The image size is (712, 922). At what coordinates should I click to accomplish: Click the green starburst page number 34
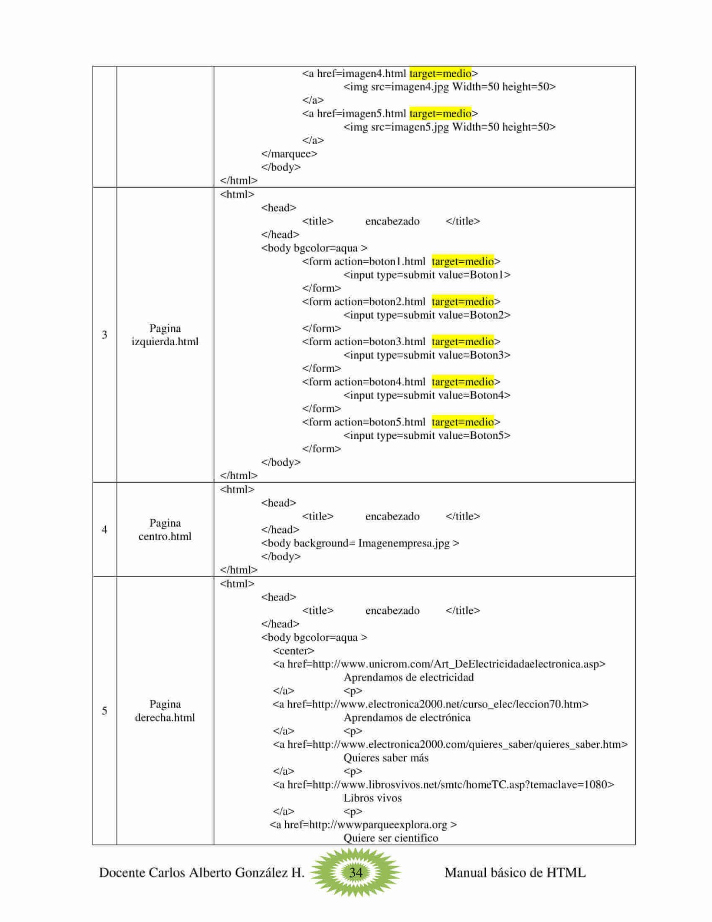click(355, 872)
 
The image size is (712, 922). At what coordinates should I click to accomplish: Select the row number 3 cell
click(104, 335)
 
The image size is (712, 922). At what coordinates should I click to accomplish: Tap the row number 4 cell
click(104, 530)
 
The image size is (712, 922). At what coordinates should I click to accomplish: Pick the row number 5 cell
click(104, 711)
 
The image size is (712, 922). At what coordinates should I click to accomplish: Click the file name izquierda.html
click(165, 341)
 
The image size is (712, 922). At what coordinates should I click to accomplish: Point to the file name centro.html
click(165, 536)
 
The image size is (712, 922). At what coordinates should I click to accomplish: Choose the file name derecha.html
click(165, 717)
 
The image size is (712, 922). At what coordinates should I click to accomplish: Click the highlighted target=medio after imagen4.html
click(440, 73)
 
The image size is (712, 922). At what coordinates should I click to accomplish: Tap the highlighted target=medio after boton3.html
click(462, 341)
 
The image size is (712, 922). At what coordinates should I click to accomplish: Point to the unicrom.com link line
click(439, 664)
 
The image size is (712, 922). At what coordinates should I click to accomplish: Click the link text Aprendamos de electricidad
click(409, 678)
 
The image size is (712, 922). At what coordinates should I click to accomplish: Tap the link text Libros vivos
click(372, 798)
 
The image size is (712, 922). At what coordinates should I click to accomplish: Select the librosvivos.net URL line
click(443, 785)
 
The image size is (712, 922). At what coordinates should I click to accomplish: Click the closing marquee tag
click(289, 154)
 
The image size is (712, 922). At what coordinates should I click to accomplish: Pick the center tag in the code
click(293, 651)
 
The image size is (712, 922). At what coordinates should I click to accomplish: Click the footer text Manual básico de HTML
click(515, 873)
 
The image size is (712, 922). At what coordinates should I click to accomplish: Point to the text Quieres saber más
click(386, 758)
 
